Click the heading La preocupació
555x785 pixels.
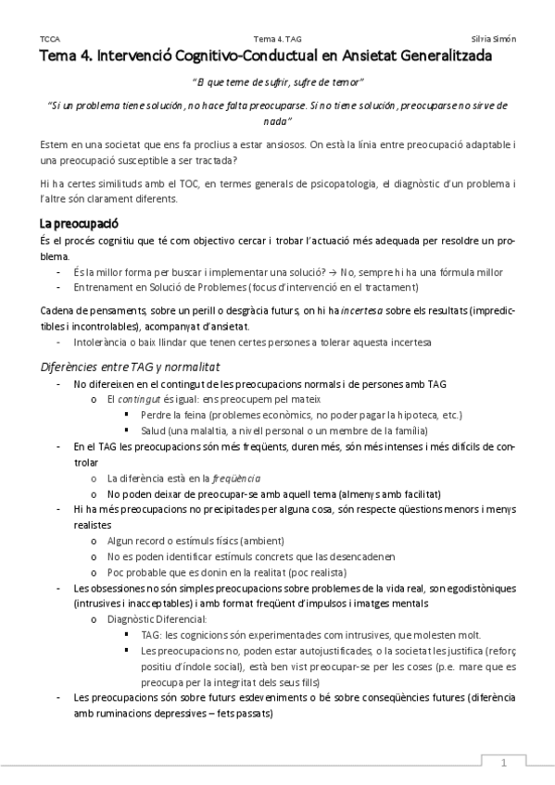78,224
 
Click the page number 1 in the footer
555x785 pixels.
504,763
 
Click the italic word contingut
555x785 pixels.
141,399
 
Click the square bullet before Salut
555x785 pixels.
127,430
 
